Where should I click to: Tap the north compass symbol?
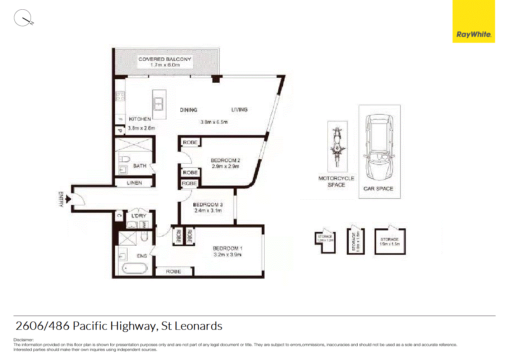coord(23,18)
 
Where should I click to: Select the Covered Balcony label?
coord(165,59)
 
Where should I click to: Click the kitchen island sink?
coord(158,104)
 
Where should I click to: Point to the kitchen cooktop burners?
coord(120,96)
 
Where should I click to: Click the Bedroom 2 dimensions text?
coord(225,167)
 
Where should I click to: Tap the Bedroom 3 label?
coord(208,205)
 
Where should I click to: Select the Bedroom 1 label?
coord(228,248)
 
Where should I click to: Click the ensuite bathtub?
coord(134,268)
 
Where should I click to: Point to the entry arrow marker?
coord(68,199)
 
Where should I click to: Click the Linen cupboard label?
coord(134,183)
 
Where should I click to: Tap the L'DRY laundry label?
coord(139,216)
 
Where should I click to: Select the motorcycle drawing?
coord(337,147)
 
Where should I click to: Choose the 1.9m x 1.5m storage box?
coord(390,242)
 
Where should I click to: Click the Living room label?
coord(239,110)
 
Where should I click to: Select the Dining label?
coord(189,110)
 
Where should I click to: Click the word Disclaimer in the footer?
coord(23,340)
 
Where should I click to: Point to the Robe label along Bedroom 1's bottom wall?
coord(174,272)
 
